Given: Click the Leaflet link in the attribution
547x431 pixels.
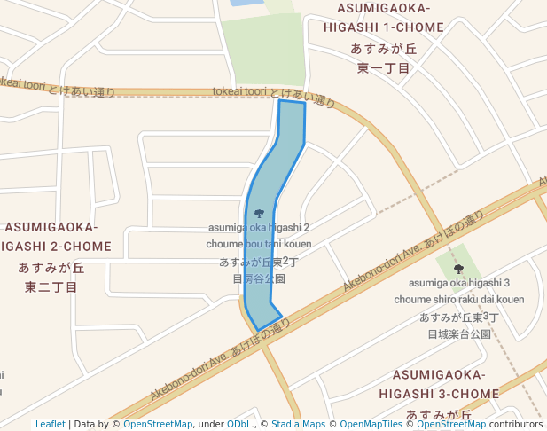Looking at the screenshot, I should [50, 424].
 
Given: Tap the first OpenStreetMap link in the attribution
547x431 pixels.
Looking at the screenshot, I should [158, 424].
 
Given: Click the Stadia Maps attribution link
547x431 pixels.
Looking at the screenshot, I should [298, 424].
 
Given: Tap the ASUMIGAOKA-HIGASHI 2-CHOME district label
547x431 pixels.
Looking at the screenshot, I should [56, 237].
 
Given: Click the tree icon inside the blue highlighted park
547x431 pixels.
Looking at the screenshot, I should [259, 213].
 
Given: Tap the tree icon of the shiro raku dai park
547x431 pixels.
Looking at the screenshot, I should [458, 268].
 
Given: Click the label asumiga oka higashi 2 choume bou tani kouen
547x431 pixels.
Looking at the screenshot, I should [259, 236].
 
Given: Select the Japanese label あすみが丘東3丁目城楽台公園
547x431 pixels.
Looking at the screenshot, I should [459, 325].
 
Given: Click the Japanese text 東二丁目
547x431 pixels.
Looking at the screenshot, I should [51, 286].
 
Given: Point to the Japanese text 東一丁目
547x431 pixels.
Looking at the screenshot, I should [384, 68].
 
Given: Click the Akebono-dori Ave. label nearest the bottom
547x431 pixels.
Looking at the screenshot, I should [219, 359].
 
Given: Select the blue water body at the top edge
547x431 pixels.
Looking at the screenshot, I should [241, 3].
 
